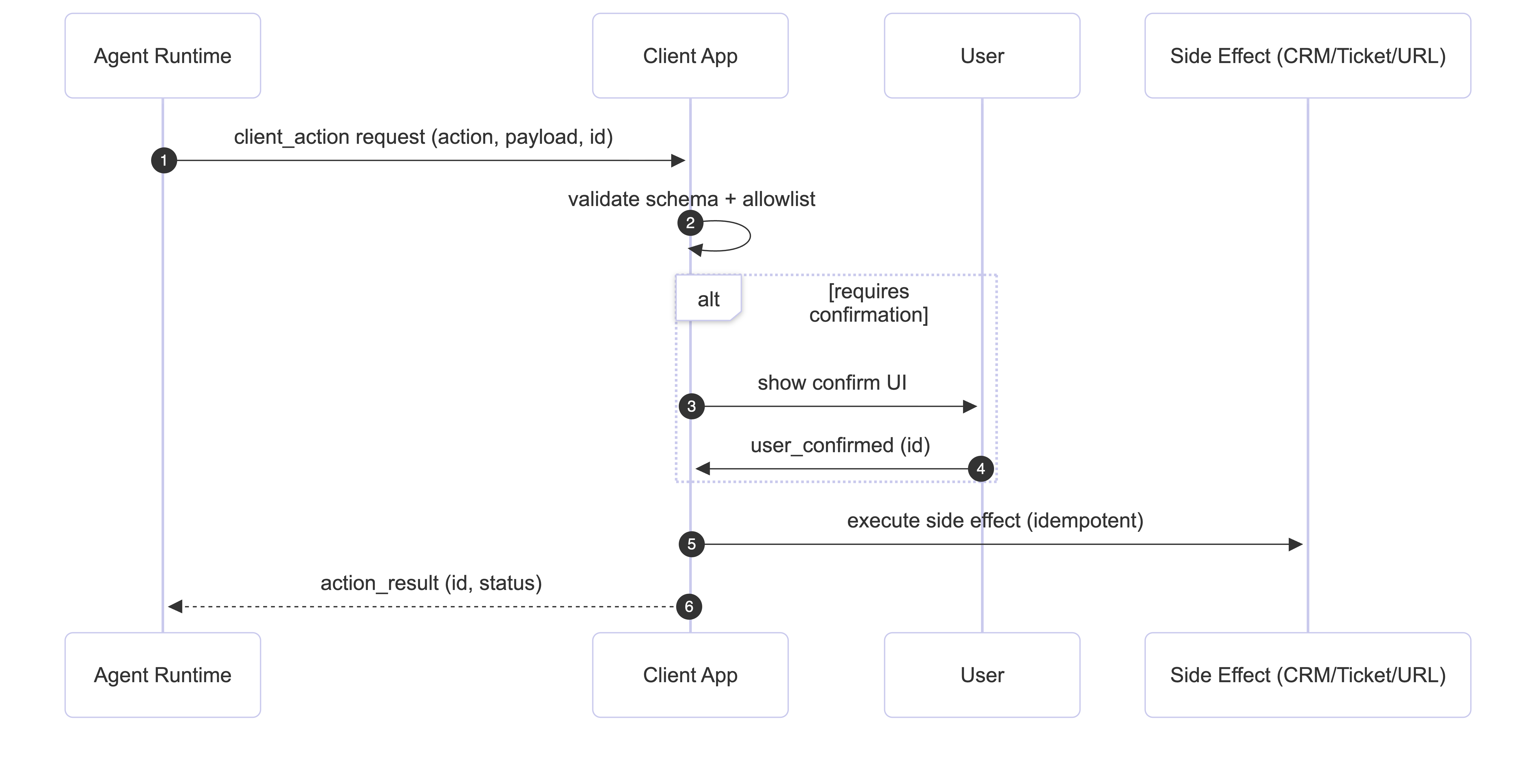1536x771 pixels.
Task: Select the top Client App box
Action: [x=690, y=55]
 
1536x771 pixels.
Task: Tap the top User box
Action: [x=982, y=55]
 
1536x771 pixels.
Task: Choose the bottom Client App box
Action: [x=690, y=674]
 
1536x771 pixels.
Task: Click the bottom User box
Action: [x=982, y=674]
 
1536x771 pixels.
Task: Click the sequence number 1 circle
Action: [x=164, y=160]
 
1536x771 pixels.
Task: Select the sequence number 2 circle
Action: [x=690, y=223]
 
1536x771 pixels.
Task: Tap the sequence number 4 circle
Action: [x=980, y=469]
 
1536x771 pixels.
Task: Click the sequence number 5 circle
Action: [x=691, y=544]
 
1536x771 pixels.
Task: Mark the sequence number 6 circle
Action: [x=689, y=606]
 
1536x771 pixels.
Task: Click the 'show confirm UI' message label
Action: [x=832, y=382]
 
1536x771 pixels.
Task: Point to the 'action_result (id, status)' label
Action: [x=431, y=583]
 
